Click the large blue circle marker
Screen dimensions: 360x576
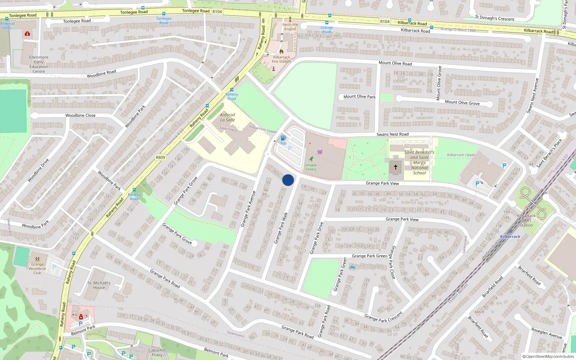tap(288, 180)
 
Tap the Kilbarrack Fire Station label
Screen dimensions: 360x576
tap(282, 59)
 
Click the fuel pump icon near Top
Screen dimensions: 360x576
tap(283, 138)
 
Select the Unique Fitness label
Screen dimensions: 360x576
tap(311, 167)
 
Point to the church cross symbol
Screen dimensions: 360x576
tap(396, 167)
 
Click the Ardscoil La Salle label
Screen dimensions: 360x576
tap(228, 117)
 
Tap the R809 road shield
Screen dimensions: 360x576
tap(161, 157)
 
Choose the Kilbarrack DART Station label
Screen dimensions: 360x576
tap(526, 220)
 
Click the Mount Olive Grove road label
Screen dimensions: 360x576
tap(462, 103)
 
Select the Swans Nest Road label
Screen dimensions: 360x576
tap(392, 134)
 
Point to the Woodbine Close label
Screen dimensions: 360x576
tap(80, 116)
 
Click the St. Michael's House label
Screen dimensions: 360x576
tap(99, 285)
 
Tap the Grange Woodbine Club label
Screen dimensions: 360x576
tap(37, 269)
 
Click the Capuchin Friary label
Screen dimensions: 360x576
tap(157, 352)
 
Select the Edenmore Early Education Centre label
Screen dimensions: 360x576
tap(39, 64)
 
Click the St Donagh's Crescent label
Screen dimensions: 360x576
tap(495, 18)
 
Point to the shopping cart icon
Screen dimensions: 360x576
tap(320, 152)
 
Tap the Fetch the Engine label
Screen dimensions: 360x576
tap(290, 27)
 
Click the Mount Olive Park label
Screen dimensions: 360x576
tap(359, 96)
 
